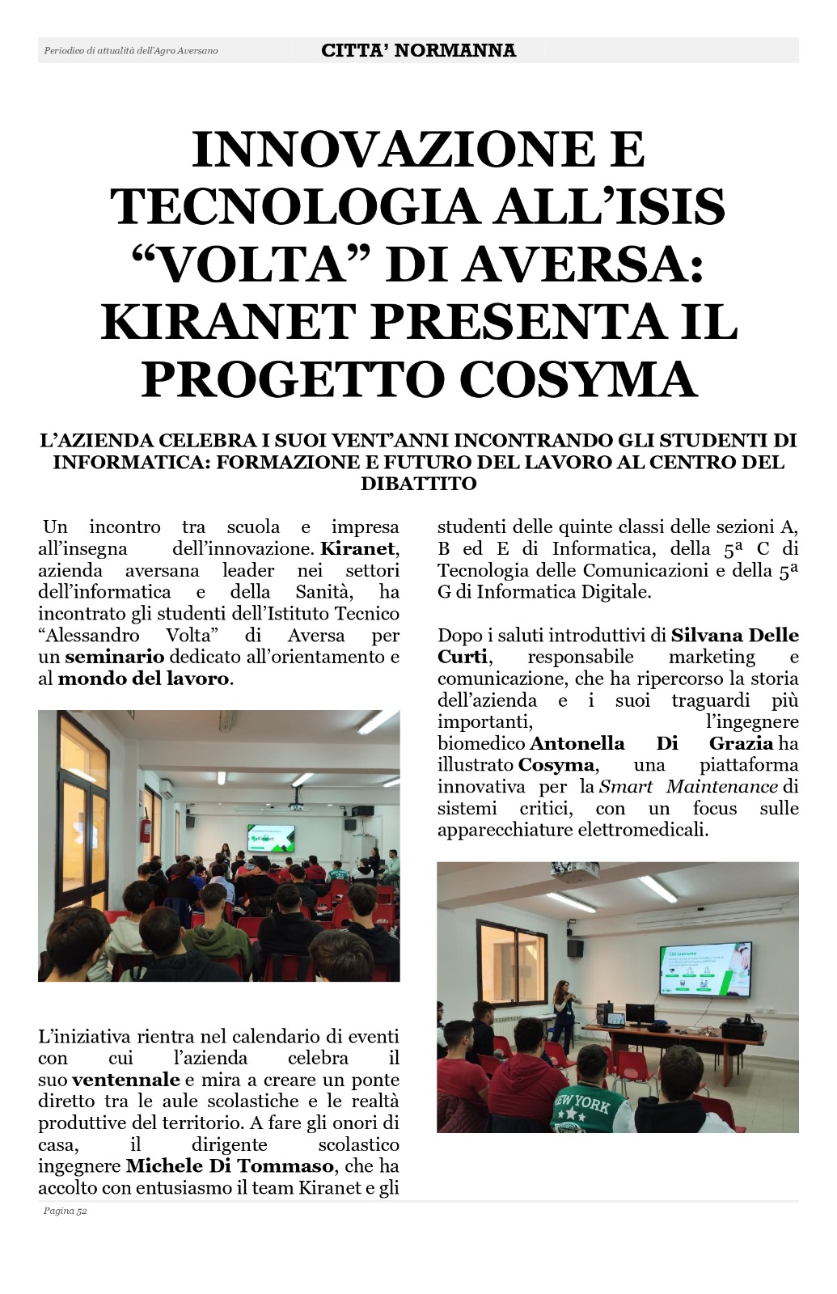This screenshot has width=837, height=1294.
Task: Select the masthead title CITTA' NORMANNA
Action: click(418, 50)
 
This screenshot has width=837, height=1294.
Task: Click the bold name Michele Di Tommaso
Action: click(230, 1166)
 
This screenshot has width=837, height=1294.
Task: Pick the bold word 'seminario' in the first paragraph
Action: click(114, 657)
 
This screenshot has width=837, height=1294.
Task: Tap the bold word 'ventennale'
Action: click(125, 1080)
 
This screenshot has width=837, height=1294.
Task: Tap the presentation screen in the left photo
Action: click(271, 839)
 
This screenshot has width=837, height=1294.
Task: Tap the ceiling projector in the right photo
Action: click(576, 871)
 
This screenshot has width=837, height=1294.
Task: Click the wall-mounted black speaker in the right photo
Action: click(575, 947)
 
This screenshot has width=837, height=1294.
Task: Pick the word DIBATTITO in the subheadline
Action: click(418, 484)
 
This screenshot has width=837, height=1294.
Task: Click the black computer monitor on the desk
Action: click(640, 1013)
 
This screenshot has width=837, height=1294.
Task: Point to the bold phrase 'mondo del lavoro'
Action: click(143, 679)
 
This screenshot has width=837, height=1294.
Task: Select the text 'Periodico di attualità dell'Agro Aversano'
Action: click(131, 51)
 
